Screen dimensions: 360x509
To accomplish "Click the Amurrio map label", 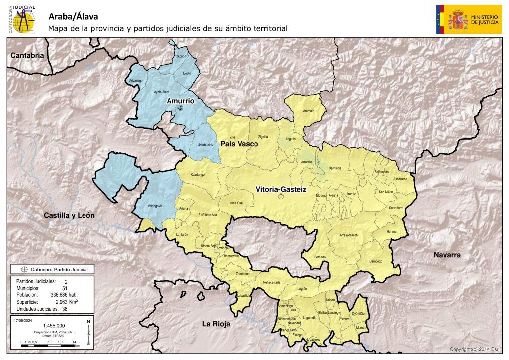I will (180, 101).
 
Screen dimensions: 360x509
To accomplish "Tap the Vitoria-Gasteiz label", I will (280, 189).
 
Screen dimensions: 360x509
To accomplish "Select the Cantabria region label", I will (28, 55).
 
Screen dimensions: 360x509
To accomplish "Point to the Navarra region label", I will (447, 255).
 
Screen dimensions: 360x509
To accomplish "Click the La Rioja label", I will (216, 324).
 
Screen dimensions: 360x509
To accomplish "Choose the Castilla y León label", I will (69, 215).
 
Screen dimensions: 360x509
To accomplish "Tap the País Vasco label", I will (239, 144).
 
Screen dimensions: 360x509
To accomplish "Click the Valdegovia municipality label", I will (156, 206).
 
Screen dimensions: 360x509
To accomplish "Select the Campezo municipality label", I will (376, 261).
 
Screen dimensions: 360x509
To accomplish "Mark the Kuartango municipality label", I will (198, 175).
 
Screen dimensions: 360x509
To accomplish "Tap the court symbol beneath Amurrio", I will (180, 108).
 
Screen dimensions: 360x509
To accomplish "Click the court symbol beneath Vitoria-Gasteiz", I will (280, 197).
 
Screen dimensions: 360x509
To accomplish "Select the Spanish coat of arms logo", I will (458, 20).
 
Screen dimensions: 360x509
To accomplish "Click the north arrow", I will (88, 333).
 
